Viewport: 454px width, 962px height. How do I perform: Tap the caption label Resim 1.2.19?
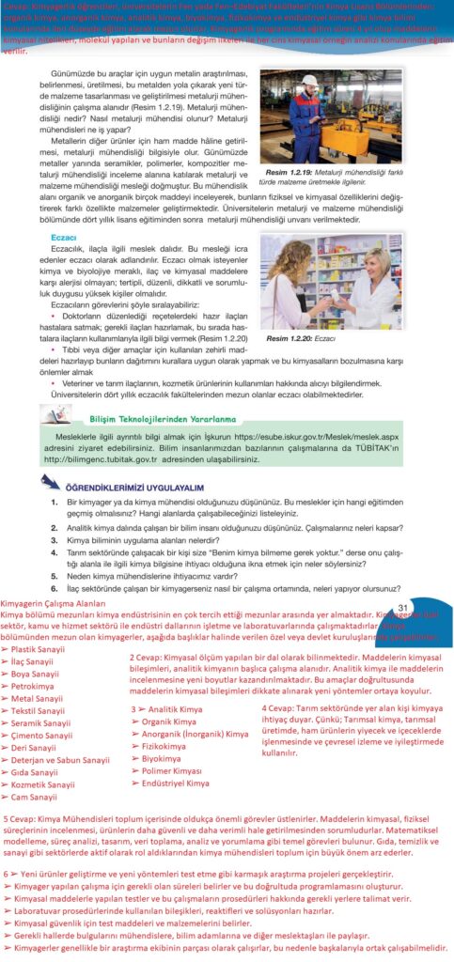click(x=290, y=174)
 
